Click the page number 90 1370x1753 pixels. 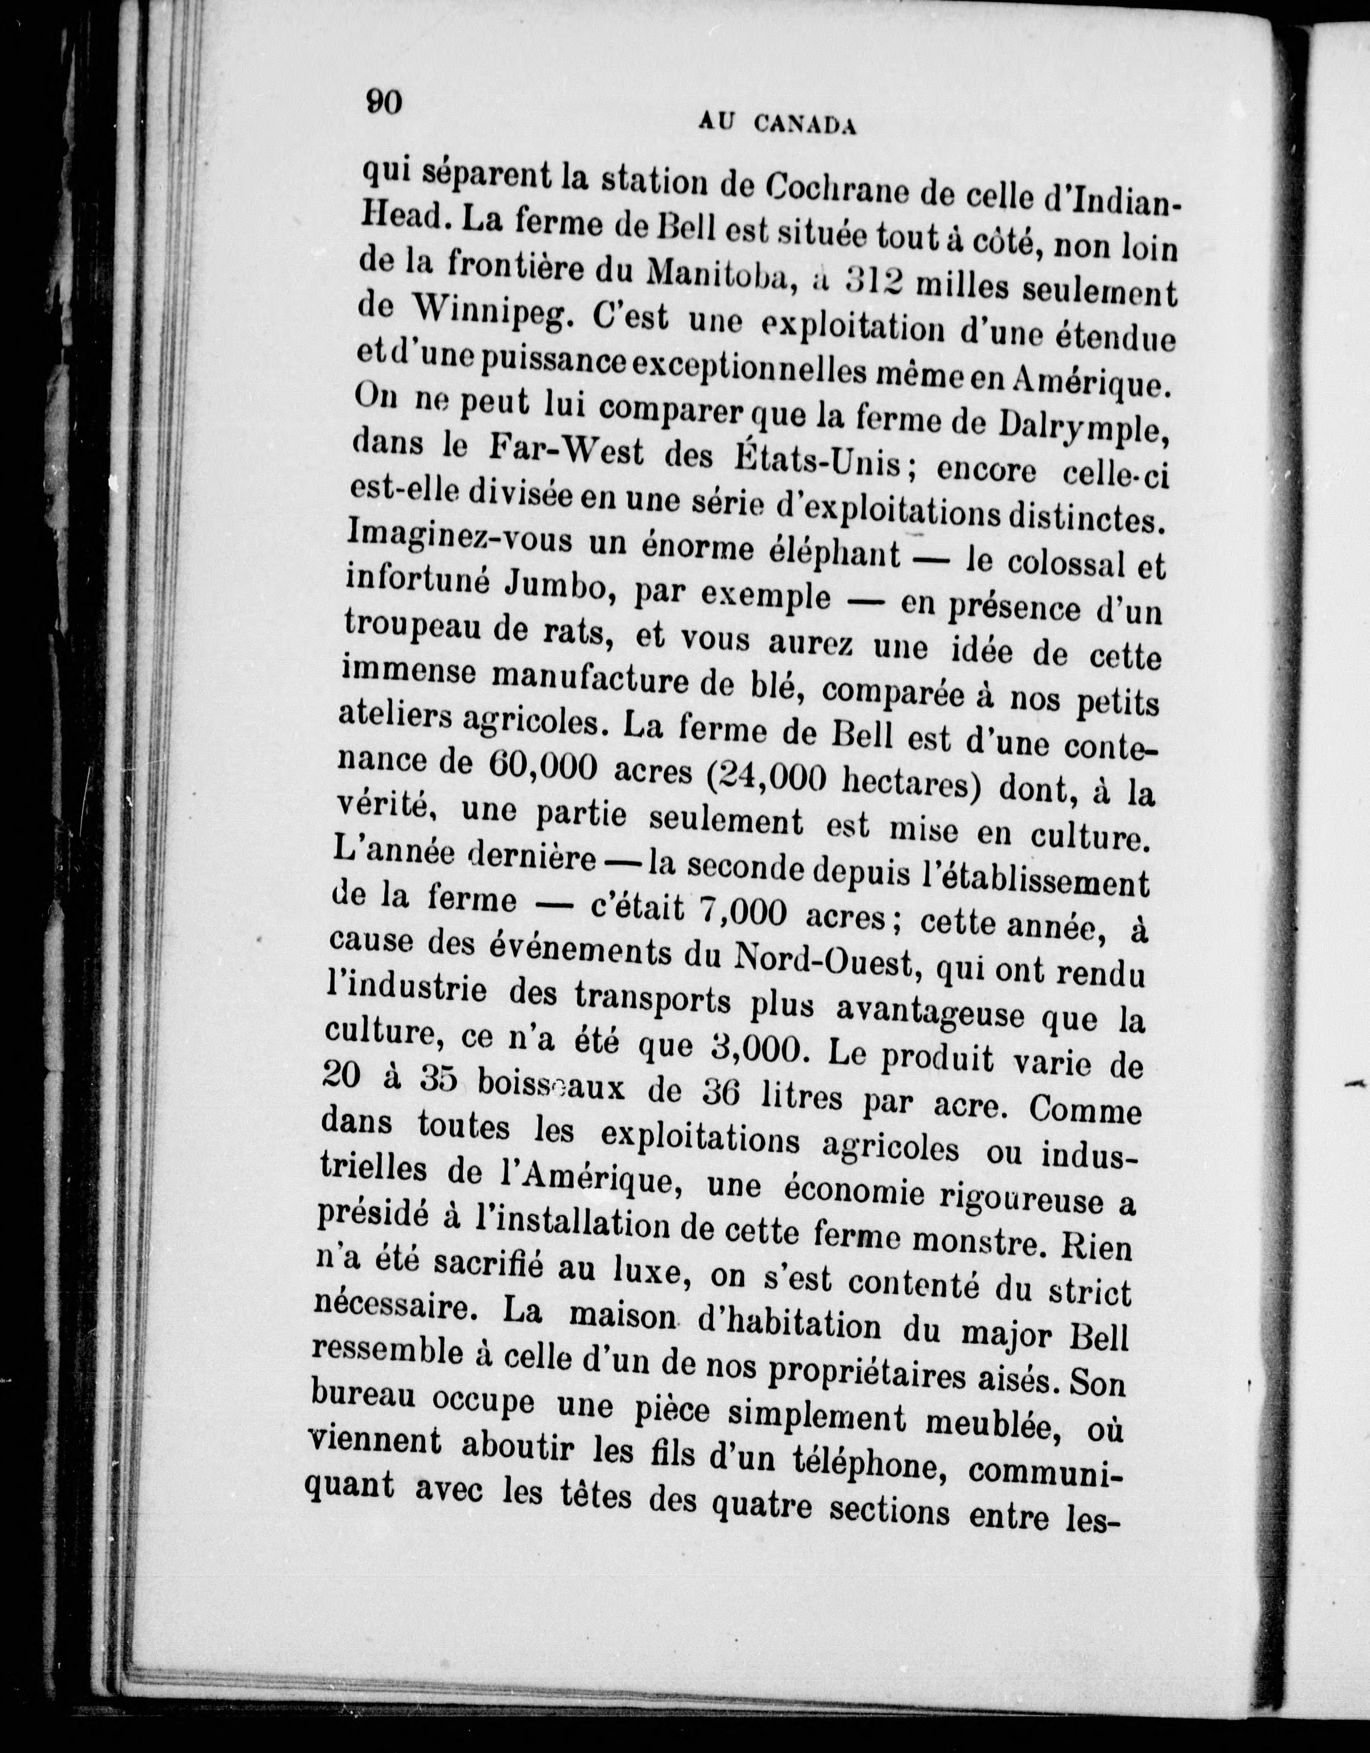383,103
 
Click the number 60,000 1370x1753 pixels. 542,768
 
